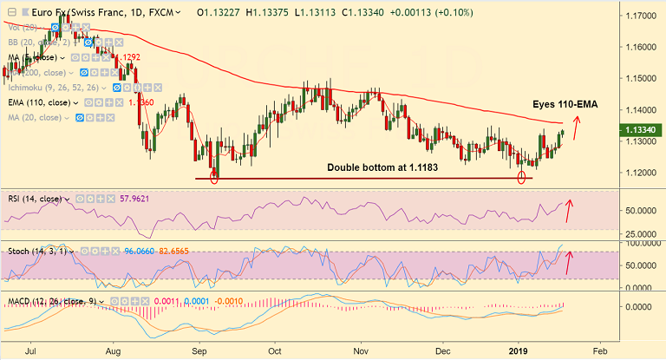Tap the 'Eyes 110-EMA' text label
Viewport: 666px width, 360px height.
[x=565, y=104]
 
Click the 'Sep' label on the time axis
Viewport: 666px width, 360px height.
[x=199, y=352]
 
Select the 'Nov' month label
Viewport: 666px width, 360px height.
[x=361, y=352]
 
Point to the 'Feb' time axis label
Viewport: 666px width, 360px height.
[x=598, y=352]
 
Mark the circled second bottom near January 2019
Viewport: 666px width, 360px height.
[x=521, y=178]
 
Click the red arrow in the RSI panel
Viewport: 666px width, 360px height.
[x=569, y=210]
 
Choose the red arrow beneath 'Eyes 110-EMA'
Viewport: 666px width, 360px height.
[x=575, y=125]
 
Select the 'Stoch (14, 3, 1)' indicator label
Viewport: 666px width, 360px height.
[x=35, y=251]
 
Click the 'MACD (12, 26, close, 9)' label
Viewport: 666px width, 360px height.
[x=51, y=302]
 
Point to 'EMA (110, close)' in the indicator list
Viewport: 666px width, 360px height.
[x=40, y=101]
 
